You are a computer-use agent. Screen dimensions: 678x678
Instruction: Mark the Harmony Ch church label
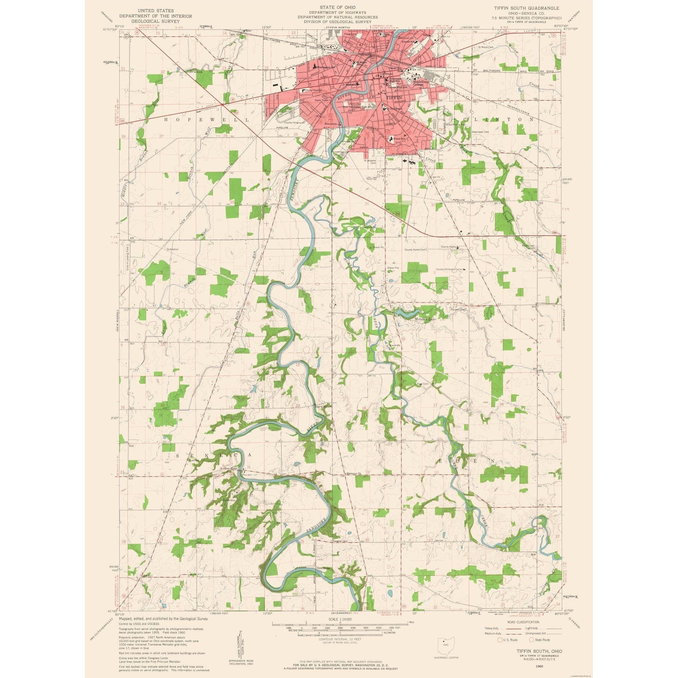click(353, 473)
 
